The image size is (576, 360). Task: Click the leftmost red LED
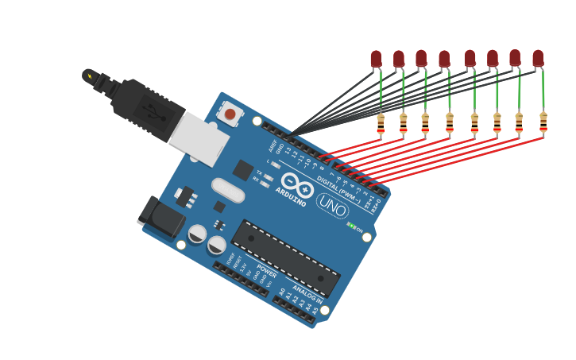[376, 58]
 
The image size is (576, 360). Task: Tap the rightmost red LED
[538, 57]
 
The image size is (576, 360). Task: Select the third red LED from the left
[421, 58]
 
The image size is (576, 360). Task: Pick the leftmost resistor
[381, 122]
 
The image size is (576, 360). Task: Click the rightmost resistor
[543, 121]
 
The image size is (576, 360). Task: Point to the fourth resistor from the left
[450, 122]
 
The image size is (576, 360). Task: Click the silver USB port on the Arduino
[199, 139]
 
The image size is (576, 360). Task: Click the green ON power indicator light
[350, 226]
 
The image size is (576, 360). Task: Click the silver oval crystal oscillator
[228, 191]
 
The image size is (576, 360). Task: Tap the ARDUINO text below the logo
[291, 196]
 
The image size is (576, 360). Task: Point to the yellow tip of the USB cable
[90, 76]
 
